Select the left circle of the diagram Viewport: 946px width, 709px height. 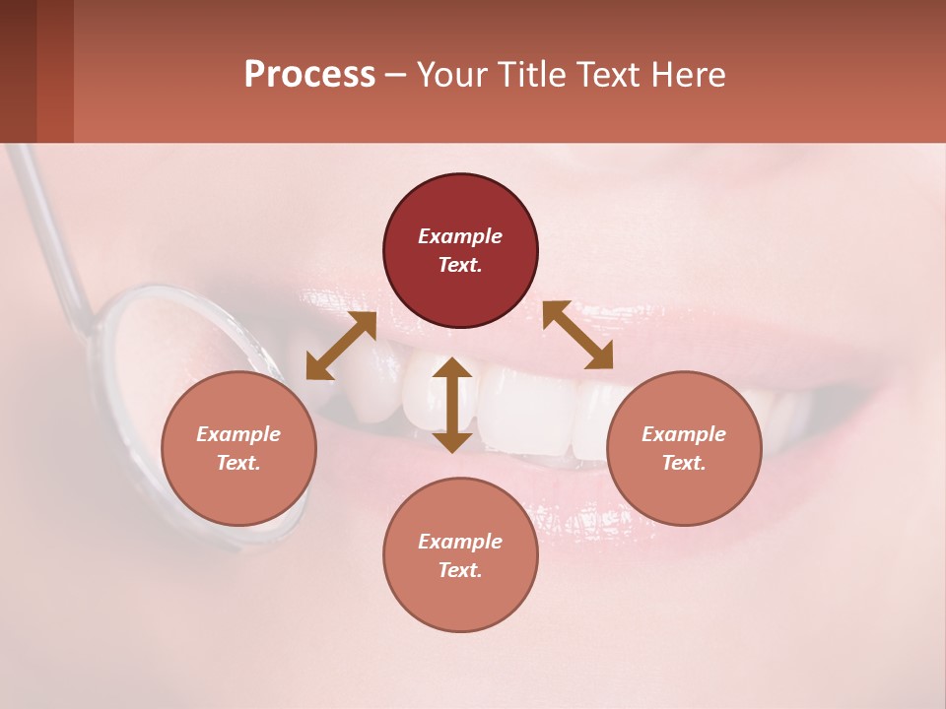click(x=238, y=448)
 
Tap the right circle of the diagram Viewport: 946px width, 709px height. click(x=684, y=448)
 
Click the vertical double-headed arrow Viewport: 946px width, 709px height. click(x=452, y=405)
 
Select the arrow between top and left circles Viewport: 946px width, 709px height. click(x=341, y=346)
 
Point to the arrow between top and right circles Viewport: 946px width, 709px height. click(x=577, y=336)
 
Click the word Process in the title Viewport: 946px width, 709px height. click(x=309, y=75)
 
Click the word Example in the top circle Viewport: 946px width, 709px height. click(x=460, y=236)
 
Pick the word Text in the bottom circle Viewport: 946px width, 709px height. click(x=460, y=570)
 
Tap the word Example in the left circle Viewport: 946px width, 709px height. click(x=238, y=434)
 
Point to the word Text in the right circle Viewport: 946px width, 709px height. click(x=684, y=463)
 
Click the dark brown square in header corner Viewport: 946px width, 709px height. click(x=18, y=71)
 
